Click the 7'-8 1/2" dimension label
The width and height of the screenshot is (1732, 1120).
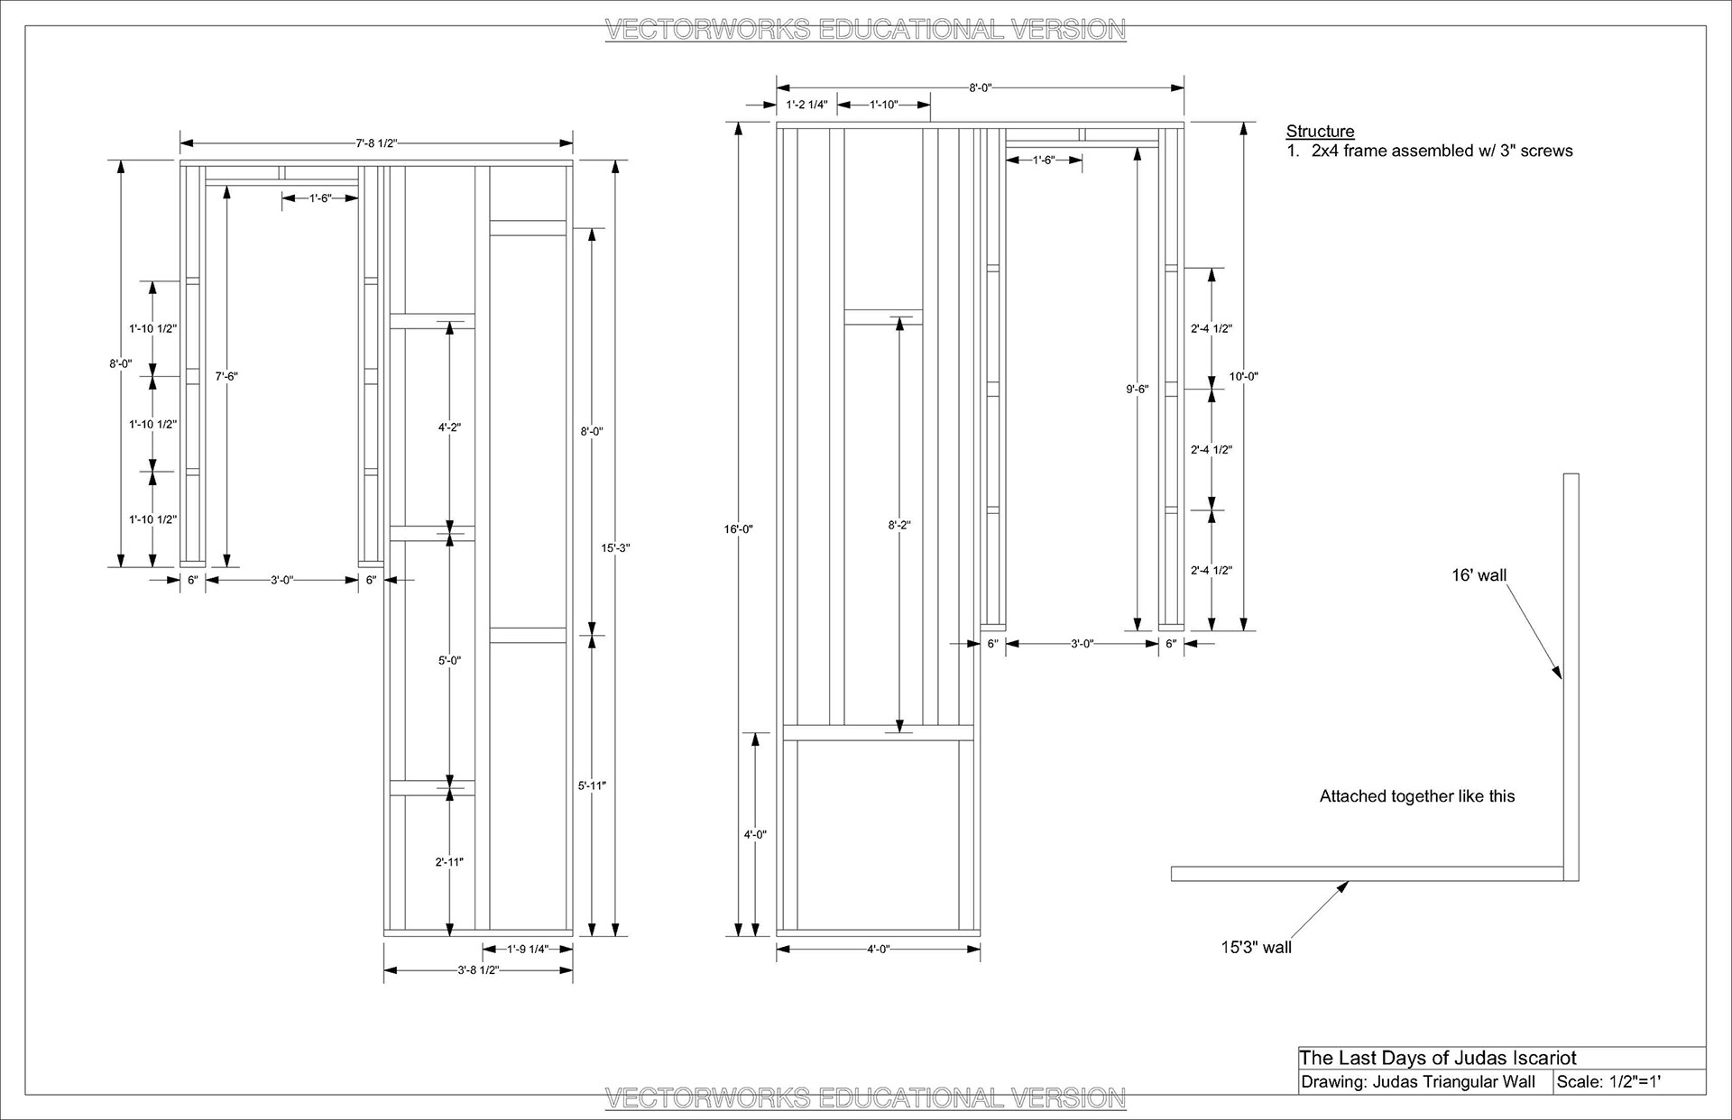point(376,142)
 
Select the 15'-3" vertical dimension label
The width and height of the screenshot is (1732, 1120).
point(615,547)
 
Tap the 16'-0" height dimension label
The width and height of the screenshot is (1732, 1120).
point(738,529)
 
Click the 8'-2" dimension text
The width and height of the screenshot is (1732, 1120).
point(899,525)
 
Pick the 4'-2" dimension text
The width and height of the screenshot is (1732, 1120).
point(449,427)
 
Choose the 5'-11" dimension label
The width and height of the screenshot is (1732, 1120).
point(592,785)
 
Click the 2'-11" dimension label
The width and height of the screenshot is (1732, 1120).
point(449,862)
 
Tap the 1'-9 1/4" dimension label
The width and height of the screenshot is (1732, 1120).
point(528,949)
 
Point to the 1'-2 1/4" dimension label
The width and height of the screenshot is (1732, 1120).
point(806,105)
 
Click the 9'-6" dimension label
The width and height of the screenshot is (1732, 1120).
point(1138,389)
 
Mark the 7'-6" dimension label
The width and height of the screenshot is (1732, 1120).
point(226,376)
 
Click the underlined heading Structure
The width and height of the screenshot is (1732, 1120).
point(1320,131)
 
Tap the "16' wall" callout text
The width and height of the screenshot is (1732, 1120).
point(1479,575)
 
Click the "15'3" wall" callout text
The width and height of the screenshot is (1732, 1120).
point(1256,947)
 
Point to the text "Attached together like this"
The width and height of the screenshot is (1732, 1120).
point(1416,796)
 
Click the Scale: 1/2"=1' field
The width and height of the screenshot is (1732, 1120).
point(1608,1082)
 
